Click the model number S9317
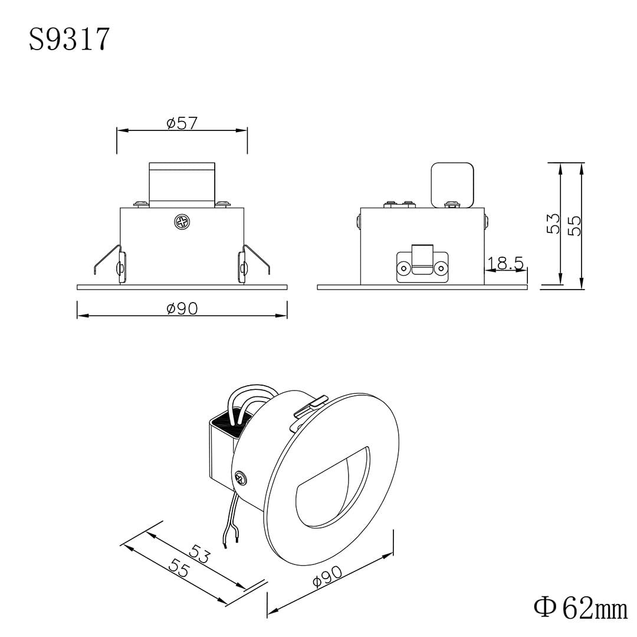pyautogui.click(x=70, y=40)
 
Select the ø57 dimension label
pyautogui.click(x=182, y=123)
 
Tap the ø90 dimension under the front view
pyautogui.click(x=182, y=308)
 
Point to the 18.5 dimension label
pyautogui.click(x=505, y=264)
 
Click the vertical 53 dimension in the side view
pyautogui.click(x=553, y=224)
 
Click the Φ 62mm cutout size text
pyautogui.click(x=580, y=608)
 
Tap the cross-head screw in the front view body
pyautogui.click(x=182, y=222)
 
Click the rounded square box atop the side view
pyautogui.click(x=452, y=185)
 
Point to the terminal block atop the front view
pyautogui.click(x=182, y=185)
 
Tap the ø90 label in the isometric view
pyautogui.click(x=328, y=576)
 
